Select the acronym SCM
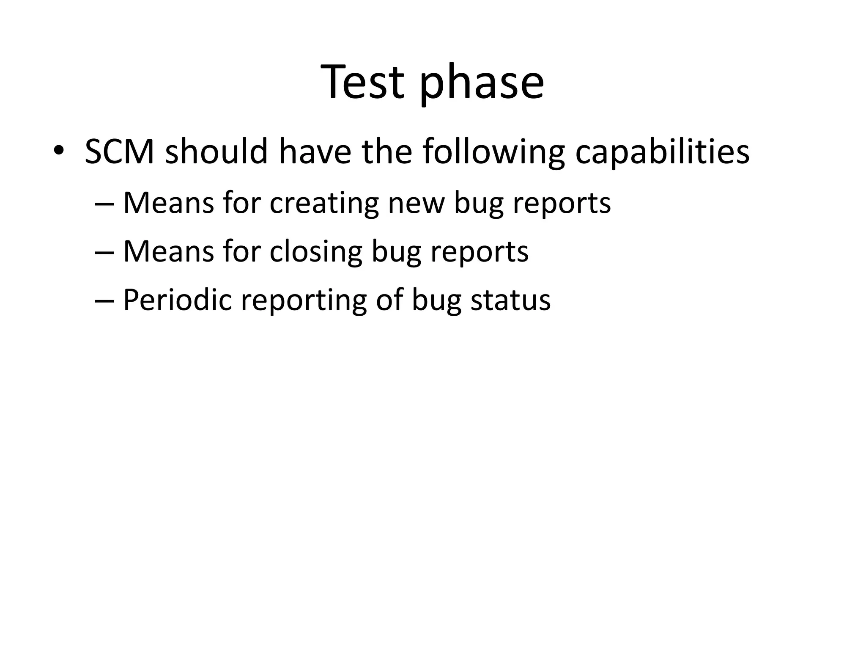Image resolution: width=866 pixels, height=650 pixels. coord(120,151)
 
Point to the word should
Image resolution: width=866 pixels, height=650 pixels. coord(216,151)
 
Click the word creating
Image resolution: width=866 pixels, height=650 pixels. coord(324,204)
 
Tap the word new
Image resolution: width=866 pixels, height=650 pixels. coord(416,204)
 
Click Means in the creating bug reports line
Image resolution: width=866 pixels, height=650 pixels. coord(169,204)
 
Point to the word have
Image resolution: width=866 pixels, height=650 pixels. coord(315,151)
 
